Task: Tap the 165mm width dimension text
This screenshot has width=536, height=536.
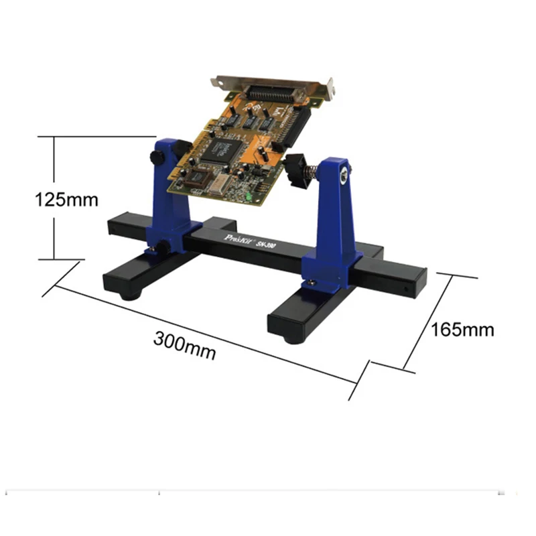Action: click(x=462, y=329)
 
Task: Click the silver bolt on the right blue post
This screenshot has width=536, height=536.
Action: click(x=344, y=174)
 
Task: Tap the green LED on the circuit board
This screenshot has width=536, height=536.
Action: click(x=249, y=197)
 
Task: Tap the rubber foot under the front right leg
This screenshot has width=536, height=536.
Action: click(x=291, y=339)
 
